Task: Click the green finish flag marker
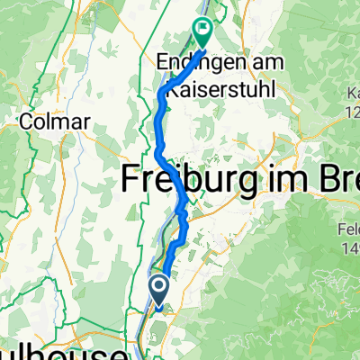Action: [202, 31]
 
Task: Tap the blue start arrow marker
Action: [158, 288]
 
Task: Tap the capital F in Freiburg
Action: [131, 181]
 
